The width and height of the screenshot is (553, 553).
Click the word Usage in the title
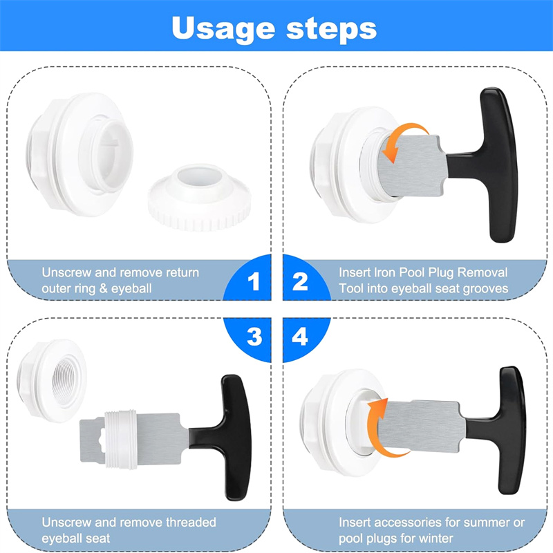click(223, 29)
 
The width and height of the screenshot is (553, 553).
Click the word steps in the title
click(332, 28)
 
